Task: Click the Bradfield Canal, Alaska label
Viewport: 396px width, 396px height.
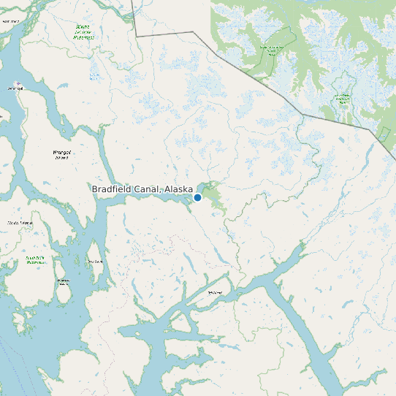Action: click(142, 189)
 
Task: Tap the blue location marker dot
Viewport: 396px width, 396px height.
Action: click(197, 197)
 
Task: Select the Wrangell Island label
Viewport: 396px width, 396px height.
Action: click(61, 154)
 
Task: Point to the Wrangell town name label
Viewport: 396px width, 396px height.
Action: click(15, 88)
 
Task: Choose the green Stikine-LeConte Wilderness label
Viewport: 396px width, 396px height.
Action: click(83, 31)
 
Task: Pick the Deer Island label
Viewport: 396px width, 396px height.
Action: click(95, 261)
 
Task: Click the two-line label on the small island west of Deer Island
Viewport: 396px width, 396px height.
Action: click(63, 281)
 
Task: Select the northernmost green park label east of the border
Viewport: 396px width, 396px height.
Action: click(272, 49)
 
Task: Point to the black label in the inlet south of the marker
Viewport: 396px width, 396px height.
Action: click(214, 292)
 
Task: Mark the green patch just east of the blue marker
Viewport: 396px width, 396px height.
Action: click(213, 195)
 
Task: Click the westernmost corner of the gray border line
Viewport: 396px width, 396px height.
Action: click(136, 34)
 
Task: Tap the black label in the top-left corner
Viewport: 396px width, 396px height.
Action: click(10, 21)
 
